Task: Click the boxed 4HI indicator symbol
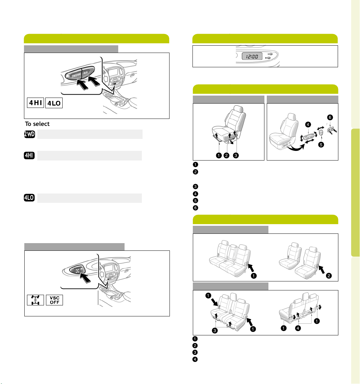click(x=36, y=103)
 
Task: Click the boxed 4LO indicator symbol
click(x=54, y=103)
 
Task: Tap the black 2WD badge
click(x=29, y=134)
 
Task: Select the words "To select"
click(x=37, y=124)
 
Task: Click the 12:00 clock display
click(x=252, y=56)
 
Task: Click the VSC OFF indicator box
click(x=54, y=300)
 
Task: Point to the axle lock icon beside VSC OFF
click(x=36, y=300)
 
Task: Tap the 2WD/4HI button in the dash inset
click(x=76, y=75)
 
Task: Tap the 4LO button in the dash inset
click(x=86, y=73)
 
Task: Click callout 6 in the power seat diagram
click(x=330, y=117)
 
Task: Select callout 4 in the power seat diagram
click(x=308, y=125)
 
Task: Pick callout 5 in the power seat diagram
click(x=321, y=145)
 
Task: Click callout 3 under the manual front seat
click(x=236, y=156)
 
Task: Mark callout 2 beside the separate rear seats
click(x=329, y=276)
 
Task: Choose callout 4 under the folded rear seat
click(x=298, y=328)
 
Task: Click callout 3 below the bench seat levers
click(x=215, y=331)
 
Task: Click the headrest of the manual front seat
click(x=238, y=109)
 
